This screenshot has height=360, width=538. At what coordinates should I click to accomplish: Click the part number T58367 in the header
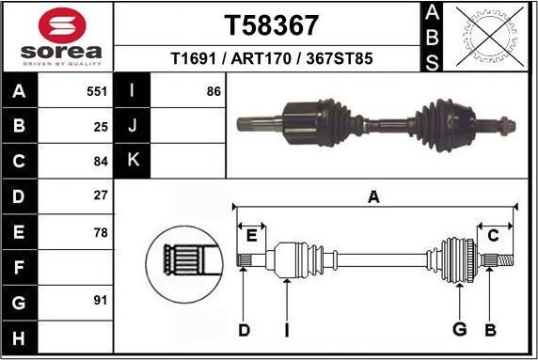(271, 24)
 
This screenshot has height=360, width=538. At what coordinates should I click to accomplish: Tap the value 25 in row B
(101, 125)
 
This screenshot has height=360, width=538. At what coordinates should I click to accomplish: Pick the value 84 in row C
(101, 160)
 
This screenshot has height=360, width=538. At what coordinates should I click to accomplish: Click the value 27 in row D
(101, 196)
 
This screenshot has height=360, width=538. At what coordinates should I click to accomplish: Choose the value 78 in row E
(101, 231)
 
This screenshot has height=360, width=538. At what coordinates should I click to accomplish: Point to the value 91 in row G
(101, 302)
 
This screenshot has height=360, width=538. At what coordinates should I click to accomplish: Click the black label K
(133, 160)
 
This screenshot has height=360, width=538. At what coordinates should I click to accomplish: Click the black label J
(133, 125)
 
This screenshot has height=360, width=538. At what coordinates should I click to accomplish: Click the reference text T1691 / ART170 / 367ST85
(271, 58)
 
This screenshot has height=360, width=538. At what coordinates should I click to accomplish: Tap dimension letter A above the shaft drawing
(373, 197)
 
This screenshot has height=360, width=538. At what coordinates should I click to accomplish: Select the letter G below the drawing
(460, 329)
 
